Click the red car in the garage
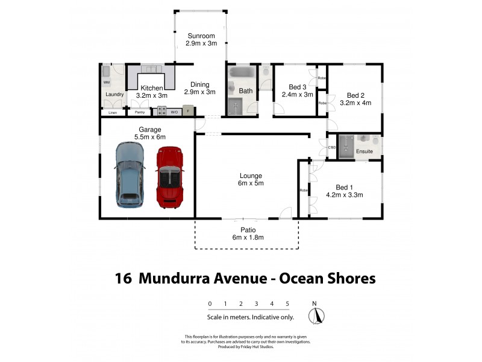(169, 178)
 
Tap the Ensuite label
(364, 151)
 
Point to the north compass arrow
(316, 315)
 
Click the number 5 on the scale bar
(287, 303)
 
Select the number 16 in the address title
(123, 278)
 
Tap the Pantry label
(140, 112)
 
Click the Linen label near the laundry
(113, 112)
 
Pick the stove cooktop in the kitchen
(162, 111)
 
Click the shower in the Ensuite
(346, 145)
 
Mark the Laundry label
(114, 95)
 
